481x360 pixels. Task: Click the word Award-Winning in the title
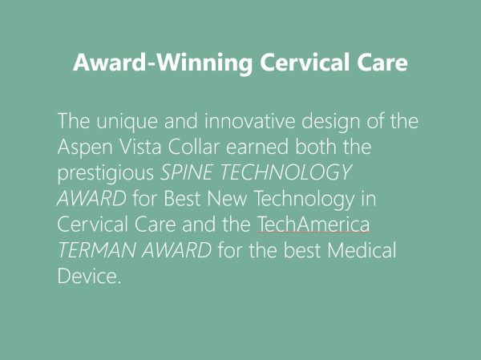[163, 63]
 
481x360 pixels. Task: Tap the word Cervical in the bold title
[305, 62]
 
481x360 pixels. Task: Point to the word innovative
[249, 120]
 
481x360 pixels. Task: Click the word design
[331, 122]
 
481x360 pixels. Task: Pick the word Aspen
[85, 148]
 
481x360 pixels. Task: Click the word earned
[257, 147]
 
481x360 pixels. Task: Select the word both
[316, 147]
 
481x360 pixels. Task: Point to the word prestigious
[106, 173]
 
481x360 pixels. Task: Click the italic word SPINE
[186, 172]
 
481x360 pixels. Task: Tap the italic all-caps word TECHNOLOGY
[286, 172]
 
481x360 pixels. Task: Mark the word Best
[182, 198]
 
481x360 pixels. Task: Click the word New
[227, 198]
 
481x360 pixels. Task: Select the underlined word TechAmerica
[313, 224]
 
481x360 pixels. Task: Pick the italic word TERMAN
[96, 250]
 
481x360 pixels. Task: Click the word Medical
[362, 250]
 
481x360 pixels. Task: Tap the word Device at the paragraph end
[87, 276]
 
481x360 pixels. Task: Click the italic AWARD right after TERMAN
[176, 250]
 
